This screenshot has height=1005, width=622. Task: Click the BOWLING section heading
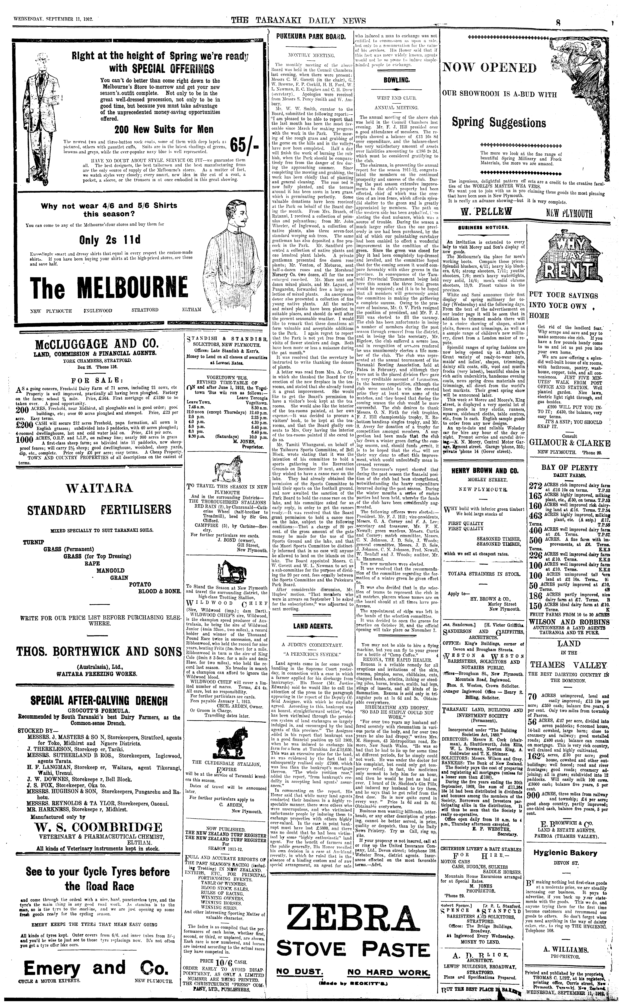395,81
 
